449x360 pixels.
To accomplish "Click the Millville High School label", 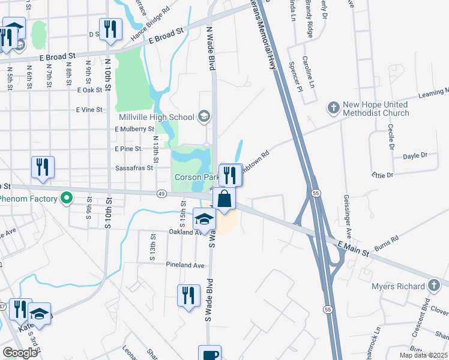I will point(157,117).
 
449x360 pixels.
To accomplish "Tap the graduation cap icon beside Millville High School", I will point(204,116).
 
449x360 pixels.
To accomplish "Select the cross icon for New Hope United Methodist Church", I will point(333,108).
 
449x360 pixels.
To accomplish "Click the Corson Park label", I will point(196,178).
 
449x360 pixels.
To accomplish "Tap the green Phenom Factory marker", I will point(67,197).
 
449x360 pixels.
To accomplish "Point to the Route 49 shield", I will point(161,193).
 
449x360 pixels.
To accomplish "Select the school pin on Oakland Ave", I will point(204,219).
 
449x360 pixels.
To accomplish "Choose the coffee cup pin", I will point(209,354).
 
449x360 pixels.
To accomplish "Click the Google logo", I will point(20,353).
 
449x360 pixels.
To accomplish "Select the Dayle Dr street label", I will point(414,155).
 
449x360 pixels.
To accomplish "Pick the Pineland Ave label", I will point(187,265).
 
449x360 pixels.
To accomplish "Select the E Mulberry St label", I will point(134,128).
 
